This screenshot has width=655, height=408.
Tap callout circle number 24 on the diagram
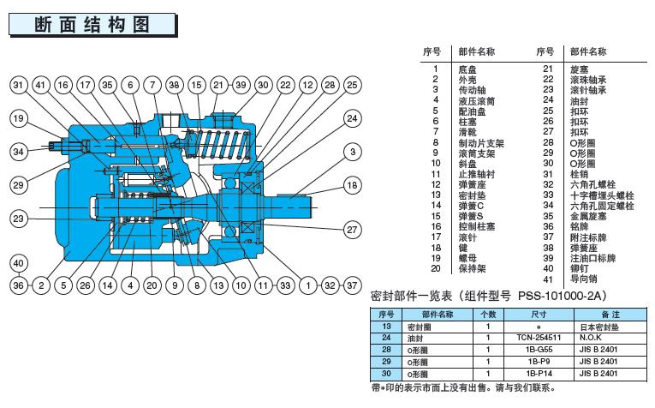(352, 118)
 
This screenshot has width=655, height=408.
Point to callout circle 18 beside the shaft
(352, 185)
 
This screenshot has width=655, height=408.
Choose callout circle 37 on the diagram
(352, 284)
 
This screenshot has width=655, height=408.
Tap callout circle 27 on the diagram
(352, 230)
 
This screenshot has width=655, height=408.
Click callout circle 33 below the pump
(284, 284)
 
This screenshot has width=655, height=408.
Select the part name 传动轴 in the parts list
(470, 90)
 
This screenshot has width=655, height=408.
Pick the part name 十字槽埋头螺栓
(601, 195)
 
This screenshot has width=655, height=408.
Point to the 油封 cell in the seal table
(416, 338)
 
